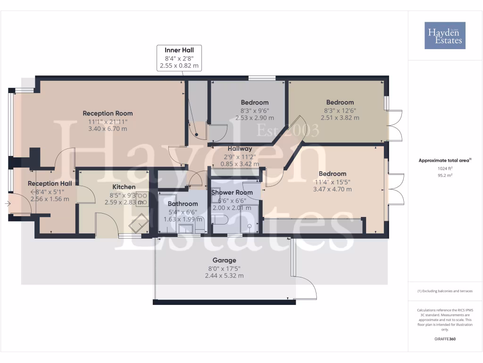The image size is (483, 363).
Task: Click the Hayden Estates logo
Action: (x=445, y=35)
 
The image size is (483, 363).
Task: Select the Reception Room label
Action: (x=108, y=113)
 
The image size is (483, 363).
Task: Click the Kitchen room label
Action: (x=124, y=187)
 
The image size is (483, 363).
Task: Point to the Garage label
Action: (x=224, y=260)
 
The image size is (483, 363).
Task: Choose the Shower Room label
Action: (x=232, y=193)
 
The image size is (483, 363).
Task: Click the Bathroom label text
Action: (x=183, y=204)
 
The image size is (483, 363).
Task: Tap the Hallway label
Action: (x=240, y=148)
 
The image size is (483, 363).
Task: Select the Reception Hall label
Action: (x=50, y=183)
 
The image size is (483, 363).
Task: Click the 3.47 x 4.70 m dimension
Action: (x=332, y=189)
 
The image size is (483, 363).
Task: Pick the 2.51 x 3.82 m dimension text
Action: (x=340, y=118)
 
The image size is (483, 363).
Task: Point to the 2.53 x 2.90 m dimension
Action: (x=255, y=118)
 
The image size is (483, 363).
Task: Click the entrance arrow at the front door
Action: (x=7, y=204)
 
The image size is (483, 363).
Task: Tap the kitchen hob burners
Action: (x=142, y=199)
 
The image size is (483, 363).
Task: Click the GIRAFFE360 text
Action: (x=445, y=339)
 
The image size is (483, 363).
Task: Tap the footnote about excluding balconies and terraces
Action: (x=445, y=291)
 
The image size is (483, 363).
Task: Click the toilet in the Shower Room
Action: (x=220, y=219)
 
